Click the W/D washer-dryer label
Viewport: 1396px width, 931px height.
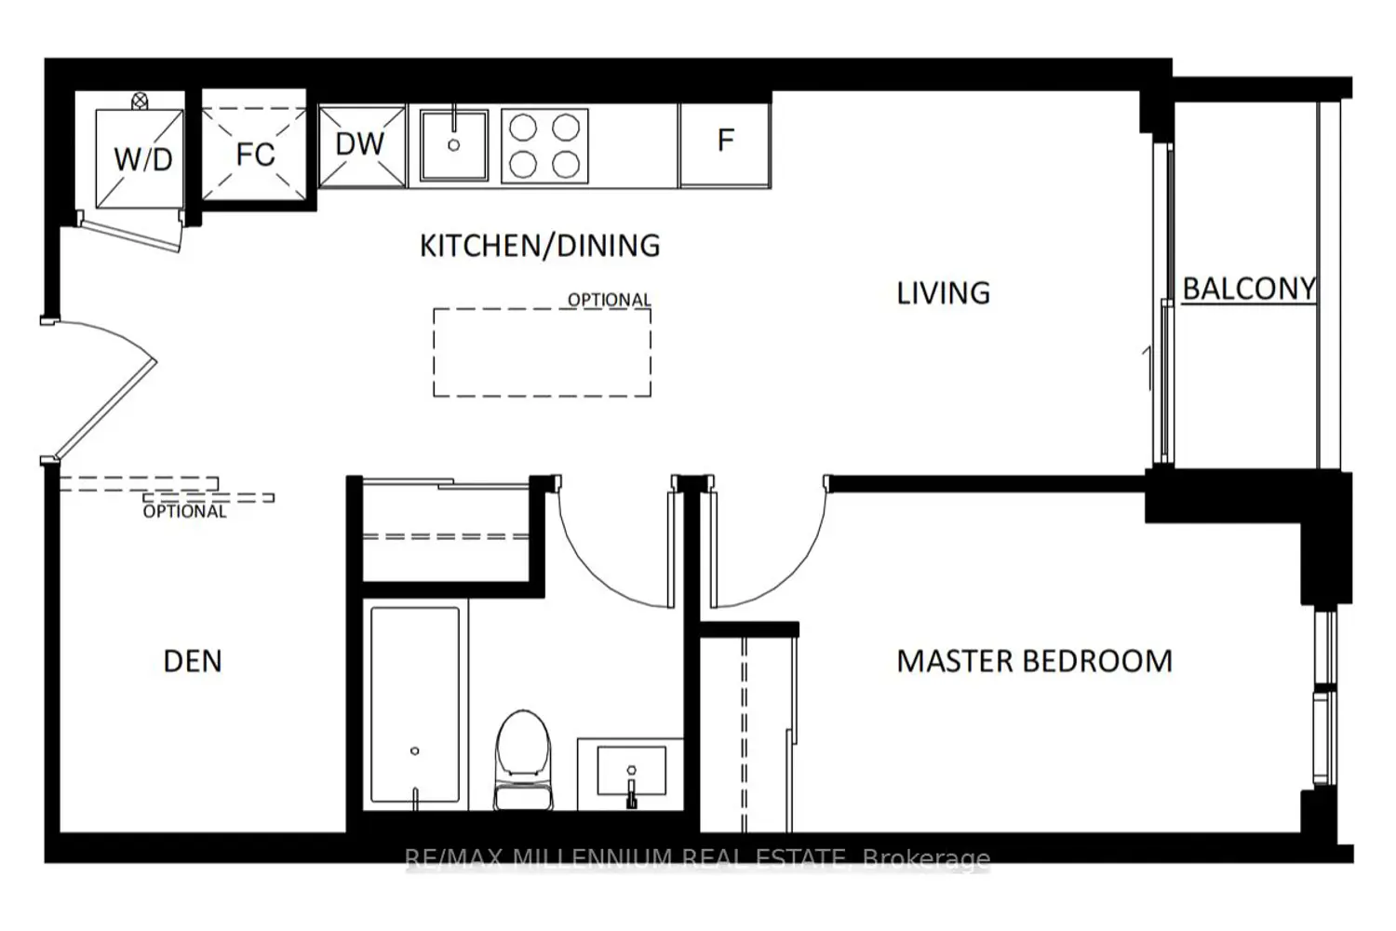point(143,159)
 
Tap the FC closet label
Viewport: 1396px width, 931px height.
point(256,154)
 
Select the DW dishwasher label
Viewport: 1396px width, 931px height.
point(359,144)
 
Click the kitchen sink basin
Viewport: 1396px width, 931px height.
point(454,145)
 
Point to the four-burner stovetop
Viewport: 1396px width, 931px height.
point(544,146)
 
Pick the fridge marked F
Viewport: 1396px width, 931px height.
point(725,144)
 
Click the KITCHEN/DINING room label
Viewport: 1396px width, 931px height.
point(540,246)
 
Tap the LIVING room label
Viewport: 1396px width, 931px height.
point(943,293)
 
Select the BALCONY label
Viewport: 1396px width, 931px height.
point(1249,289)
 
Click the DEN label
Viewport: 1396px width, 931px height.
point(193,661)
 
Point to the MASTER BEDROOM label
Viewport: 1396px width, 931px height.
point(1035,661)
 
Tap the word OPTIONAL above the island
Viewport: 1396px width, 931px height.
point(609,300)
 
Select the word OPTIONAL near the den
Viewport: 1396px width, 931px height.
point(184,511)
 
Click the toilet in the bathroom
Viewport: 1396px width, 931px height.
point(523,760)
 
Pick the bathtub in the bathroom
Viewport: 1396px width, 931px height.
point(415,705)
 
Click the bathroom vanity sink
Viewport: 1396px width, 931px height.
point(631,772)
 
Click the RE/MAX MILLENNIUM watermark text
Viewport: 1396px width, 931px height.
point(697,858)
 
